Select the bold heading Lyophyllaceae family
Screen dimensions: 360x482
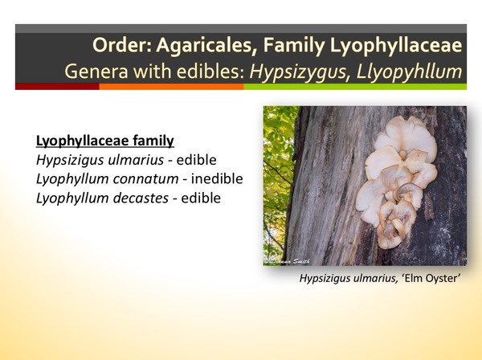click(x=105, y=141)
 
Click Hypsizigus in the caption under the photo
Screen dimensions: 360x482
click(x=324, y=278)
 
